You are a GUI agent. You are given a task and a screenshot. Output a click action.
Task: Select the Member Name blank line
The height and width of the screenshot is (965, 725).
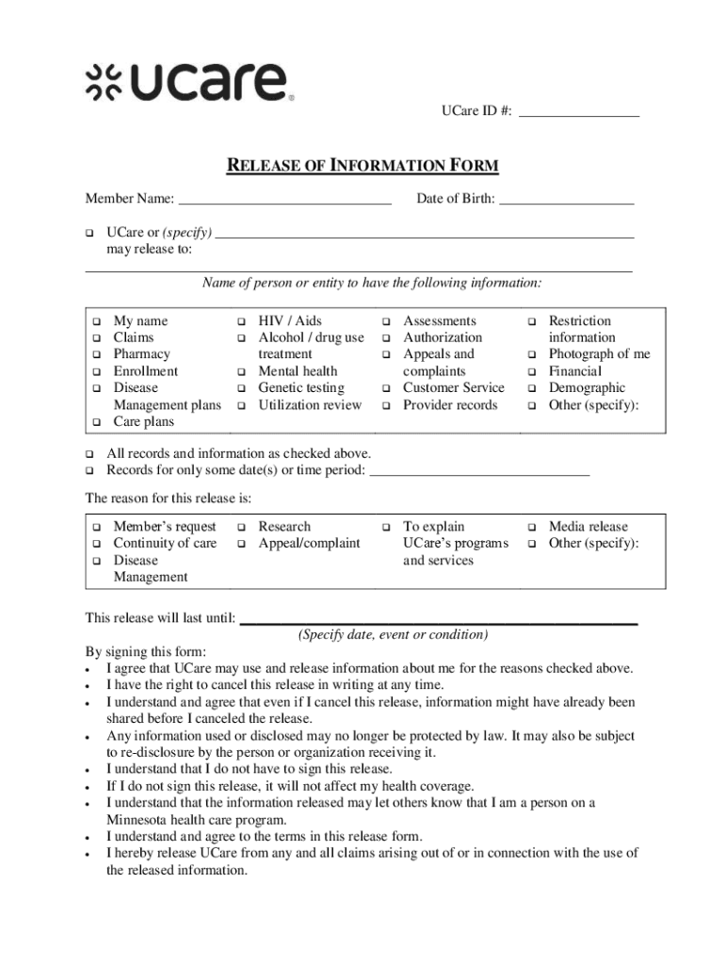[x=284, y=200]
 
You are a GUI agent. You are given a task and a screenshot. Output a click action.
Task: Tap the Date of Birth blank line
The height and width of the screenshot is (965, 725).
[x=566, y=200]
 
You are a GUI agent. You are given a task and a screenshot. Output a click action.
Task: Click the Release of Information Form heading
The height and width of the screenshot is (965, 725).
[x=362, y=168]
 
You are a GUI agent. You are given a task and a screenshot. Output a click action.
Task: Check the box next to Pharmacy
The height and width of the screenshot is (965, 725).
[x=96, y=355]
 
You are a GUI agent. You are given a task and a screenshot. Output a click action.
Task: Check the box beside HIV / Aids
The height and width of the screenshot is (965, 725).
[x=241, y=321]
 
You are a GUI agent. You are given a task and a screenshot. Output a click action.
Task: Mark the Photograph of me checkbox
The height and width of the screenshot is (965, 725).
[x=531, y=355]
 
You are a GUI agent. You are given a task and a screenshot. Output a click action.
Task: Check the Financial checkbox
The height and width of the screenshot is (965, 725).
[x=531, y=372]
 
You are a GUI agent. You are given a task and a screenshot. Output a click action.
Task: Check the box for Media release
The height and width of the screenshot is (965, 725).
[x=531, y=527]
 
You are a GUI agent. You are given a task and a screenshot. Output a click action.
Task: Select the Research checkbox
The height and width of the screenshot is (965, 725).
[x=241, y=527]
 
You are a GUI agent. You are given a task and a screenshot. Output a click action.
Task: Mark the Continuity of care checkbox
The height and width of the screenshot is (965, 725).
[x=96, y=544]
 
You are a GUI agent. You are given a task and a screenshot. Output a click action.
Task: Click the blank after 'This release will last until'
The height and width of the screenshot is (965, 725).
[x=439, y=619]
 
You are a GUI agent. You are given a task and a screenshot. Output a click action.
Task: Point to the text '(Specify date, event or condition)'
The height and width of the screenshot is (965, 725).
[x=393, y=635]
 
